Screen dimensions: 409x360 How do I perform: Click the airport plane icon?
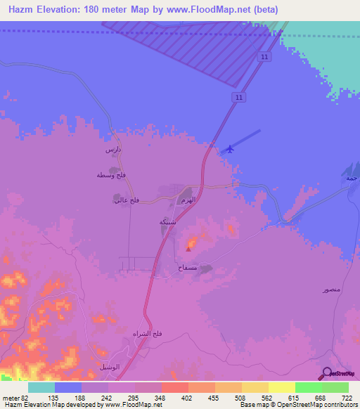(229, 148)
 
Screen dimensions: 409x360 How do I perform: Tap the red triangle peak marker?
(188, 247)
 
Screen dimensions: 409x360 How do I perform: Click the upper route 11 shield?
(264, 56)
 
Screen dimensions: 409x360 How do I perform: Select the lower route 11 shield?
(240, 96)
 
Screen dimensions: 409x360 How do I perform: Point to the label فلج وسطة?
(101, 175)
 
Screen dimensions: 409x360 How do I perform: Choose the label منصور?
(332, 290)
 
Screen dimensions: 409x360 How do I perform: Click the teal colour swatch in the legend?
(41, 387)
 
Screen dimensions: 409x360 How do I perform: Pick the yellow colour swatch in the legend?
(282, 387)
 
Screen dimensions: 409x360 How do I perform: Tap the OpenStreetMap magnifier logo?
(328, 374)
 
